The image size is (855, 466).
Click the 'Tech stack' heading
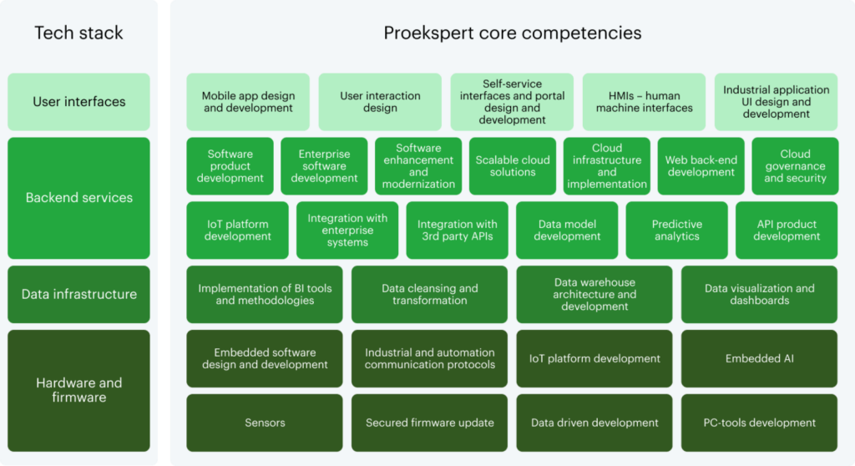click(x=78, y=33)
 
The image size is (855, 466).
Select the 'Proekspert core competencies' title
click(x=513, y=33)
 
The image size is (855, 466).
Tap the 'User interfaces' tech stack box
click(x=78, y=102)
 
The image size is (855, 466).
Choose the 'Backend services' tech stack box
click(x=78, y=198)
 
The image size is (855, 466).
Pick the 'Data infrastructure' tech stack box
click(x=78, y=294)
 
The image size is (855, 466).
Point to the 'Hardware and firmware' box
click(x=78, y=390)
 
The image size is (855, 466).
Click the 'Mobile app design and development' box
click(x=248, y=102)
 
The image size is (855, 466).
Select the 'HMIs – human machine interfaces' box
click(x=644, y=102)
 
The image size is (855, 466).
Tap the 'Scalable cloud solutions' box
click(x=513, y=166)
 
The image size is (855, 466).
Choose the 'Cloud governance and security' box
click(x=795, y=166)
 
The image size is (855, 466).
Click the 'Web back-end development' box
click(x=701, y=166)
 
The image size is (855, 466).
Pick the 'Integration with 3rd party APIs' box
click(x=457, y=230)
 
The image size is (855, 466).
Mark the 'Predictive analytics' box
click(x=676, y=230)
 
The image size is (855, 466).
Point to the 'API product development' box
click(x=787, y=230)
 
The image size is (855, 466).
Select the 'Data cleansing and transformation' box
click(x=429, y=294)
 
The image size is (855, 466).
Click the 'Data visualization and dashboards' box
click(x=759, y=294)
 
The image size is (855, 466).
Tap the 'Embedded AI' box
click(x=759, y=358)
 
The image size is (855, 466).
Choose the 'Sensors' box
click(x=265, y=423)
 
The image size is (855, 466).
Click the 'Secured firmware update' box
click(x=429, y=423)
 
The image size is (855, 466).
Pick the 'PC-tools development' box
click(x=759, y=423)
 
